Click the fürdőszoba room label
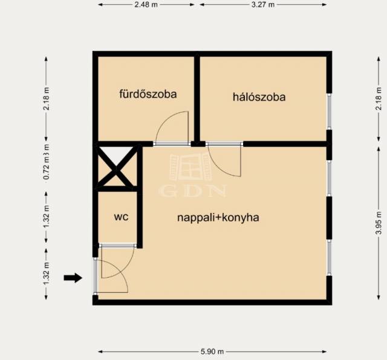pyautogui.click(x=148, y=94)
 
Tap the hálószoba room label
pyautogui.click(x=259, y=97)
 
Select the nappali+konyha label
pyautogui.click(x=218, y=218)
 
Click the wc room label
pyautogui.click(x=121, y=217)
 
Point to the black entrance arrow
pyautogui.click(x=73, y=278)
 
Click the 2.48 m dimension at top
pyautogui.click(x=146, y=5)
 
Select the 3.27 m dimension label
pyautogui.click(x=263, y=5)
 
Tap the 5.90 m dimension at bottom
pyautogui.click(x=212, y=352)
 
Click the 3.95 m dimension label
pyautogui.click(x=379, y=223)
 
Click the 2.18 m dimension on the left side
pyautogui.click(x=47, y=99)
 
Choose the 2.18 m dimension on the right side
pyautogui.click(x=379, y=99)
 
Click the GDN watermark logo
pyautogui.click(x=192, y=175)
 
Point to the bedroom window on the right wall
pyautogui.click(x=329, y=111)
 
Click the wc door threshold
pyautogui.click(x=118, y=246)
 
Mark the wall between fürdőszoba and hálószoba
pyautogui.click(x=197, y=99)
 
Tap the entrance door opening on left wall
pyautogui.click(x=96, y=276)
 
